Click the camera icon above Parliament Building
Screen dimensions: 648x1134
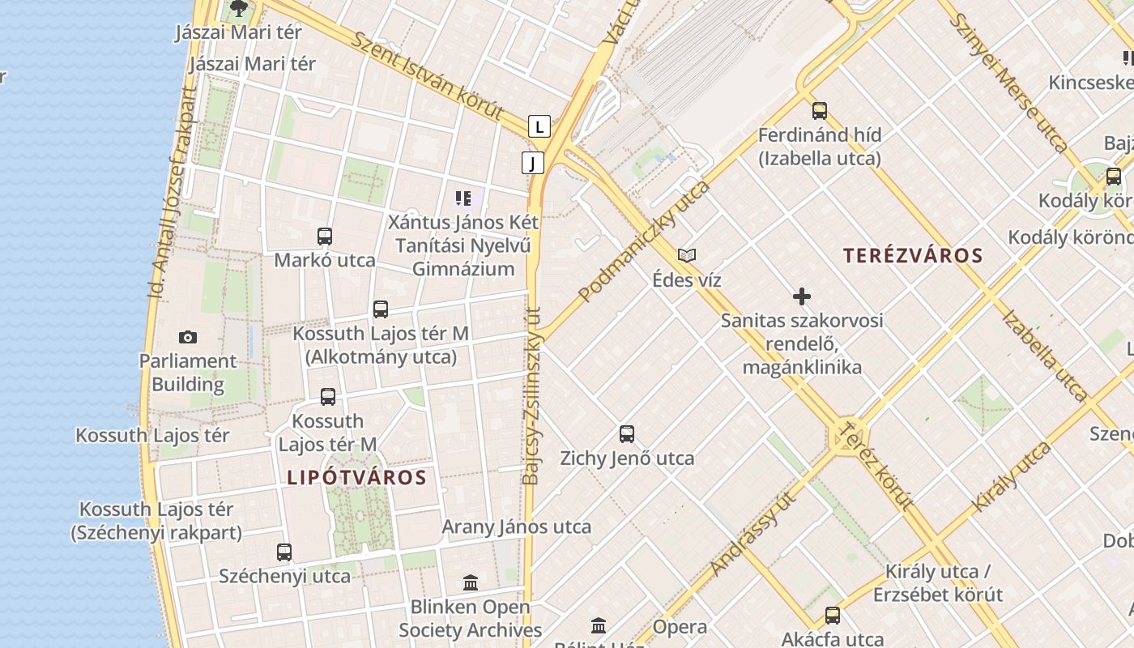pyautogui.click(x=188, y=337)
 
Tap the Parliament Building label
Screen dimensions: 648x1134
pyautogui.click(x=188, y=373)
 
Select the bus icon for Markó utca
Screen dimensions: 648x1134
pyautogui.click(x=325, y=237)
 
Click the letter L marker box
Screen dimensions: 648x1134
pyautogui.click(x=539, y=126)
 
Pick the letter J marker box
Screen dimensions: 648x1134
pyautogui.click(x=532, y=163)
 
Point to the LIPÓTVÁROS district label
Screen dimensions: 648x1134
pyautogui.click(x=356, y=478)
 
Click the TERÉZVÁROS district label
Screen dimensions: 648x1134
pyautogui.click(x=913, y=256)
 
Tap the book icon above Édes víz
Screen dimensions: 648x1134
pyautogui.click(x=687, y=256)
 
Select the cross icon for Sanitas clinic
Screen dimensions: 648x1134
pyautogui.click(x=802, y=296)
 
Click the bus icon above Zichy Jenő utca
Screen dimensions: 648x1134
pyautogui.click(x=627, y=434)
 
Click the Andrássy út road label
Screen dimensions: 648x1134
pyautogui.click(x=754, y=533)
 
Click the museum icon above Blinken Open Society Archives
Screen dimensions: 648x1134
pyautogui.click(x=471, y=582)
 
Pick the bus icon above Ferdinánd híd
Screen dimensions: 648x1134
pyautogui.click(x=820, y=111)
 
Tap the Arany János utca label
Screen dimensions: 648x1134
pyautogui.click(x=517, y=526)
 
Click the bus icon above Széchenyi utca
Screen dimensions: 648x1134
pyautogui.click(x=284, y=552)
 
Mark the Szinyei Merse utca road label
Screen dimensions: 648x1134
pyautogui.click(x=1008, y=81)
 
